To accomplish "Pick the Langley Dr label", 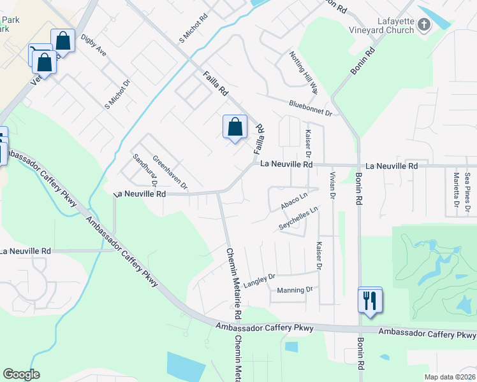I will coord(259,278).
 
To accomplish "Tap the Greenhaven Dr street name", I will coord(170,172).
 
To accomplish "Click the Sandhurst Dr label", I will coord(145,170).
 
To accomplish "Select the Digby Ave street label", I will coord(94,46).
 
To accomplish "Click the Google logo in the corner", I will coord(22,374).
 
